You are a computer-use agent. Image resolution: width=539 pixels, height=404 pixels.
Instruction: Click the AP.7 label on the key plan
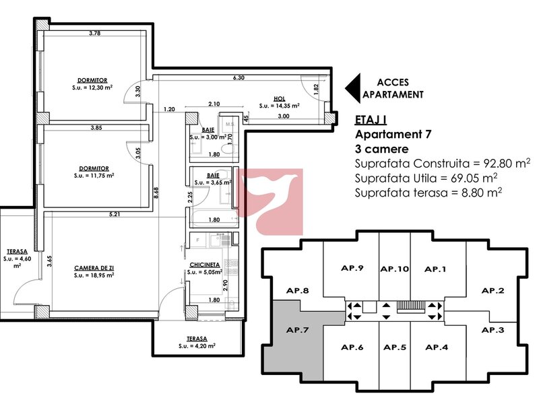click(x=297, y=330)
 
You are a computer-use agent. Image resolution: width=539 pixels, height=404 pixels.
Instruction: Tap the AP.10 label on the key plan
click(x=395, y=269)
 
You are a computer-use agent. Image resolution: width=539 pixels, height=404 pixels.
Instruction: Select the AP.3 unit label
click(x=493, y=330)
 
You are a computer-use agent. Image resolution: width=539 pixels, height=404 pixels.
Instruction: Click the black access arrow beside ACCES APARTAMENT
click(x=352, y=88)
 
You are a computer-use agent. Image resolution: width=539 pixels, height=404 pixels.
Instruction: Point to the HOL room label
click(x=279, y=99)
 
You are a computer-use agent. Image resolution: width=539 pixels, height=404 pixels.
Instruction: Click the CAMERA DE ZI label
click(x=94, y=268)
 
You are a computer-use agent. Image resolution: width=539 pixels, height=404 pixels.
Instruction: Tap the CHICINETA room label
click(x=205, y=265)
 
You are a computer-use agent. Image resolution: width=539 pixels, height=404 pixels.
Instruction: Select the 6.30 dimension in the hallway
click(x=239, y=77)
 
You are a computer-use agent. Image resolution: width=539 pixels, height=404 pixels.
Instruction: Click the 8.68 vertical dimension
click(x=156, y=193)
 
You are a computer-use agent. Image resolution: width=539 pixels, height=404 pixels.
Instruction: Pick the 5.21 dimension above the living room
click(x=115, y=214)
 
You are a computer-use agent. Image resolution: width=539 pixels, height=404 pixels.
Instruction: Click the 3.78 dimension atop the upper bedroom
click(x=94, y=33)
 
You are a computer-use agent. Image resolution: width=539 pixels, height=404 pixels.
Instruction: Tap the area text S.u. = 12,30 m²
click(x=92, y=88)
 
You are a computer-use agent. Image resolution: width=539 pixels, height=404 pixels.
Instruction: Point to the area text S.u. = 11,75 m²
click(x=94, y=176)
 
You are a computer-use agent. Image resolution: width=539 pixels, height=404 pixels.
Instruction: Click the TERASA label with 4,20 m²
click(x=197, y=339)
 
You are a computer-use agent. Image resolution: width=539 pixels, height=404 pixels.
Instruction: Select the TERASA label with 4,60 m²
click(x=18, y=252)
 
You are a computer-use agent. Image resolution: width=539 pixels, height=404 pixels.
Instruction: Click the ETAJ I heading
click(x=371, y=120)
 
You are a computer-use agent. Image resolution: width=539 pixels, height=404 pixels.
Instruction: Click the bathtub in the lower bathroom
click(x=214, y=219)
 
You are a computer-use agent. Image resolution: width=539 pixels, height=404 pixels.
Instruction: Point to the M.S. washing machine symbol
click(x=230, y=125)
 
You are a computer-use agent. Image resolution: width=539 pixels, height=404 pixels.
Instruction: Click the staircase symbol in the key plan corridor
click(x=411, y=306)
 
